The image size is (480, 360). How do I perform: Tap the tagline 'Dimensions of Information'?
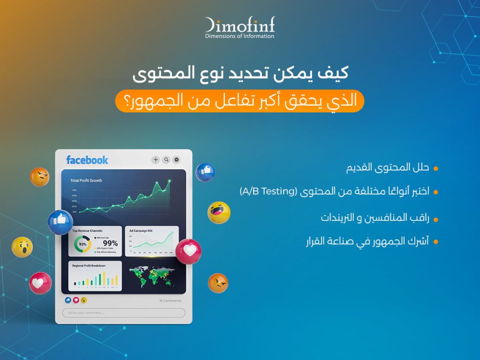click(240, 36)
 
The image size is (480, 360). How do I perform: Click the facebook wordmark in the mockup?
click(87, 160)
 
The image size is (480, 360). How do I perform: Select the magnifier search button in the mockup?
click(166, 160)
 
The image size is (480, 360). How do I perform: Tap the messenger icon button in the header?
click(176, 160)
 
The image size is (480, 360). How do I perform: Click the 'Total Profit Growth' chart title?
click(86, 180)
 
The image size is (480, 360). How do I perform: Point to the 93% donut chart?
click(82, 244)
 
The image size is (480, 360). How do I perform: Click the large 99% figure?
click(110, 243)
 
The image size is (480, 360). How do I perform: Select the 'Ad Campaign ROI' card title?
click(141, 231)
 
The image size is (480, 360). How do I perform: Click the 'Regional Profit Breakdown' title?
click(89, 265)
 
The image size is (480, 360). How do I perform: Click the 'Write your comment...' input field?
click(124, 313)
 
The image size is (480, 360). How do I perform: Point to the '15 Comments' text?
click(170, 300)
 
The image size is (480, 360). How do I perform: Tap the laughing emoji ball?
click(219, 213)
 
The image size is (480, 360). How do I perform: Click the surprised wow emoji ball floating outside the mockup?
click(22, 247)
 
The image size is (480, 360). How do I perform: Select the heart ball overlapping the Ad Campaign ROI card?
click(188, 251)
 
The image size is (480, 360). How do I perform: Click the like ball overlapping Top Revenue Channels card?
click(60, 222)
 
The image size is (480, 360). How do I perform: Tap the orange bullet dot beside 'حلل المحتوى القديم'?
click(435, 168)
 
